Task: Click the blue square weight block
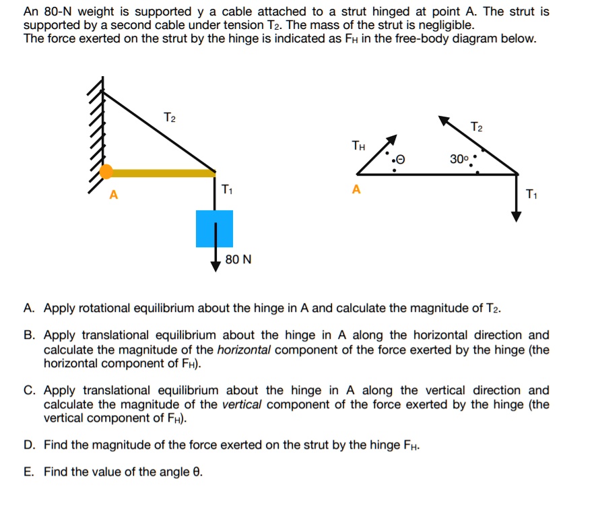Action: click(x=214, y=228)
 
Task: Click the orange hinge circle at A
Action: click(x=106, y=172)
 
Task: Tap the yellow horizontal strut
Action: click(x=162, y=173)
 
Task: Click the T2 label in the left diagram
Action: click(x=170, y=119)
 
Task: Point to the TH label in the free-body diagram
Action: click(x=359, y=145)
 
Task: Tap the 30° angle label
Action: click(x=459, y=160)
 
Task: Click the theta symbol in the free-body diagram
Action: click(x=402, y=160)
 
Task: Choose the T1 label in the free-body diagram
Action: click(x=532, y=195)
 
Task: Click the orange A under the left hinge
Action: click(x=114, y=195)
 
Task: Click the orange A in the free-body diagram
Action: click(x=356, y=190)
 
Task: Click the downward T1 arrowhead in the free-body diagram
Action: click(x=516, y=216)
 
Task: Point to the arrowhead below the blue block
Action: click(x=215, y=265)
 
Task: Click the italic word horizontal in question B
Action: click(x=244, y=349)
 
